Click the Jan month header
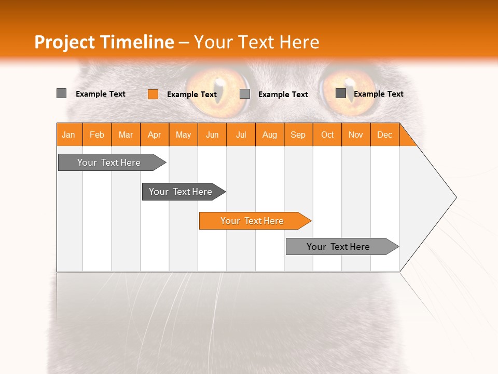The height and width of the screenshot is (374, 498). (x=68, y=135)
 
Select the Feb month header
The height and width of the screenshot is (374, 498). (x=97, y=135)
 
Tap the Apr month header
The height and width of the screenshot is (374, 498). (x=154, y=135)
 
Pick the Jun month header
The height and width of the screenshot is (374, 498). (x=212, y=135)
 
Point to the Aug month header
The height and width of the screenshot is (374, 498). (x=269, y=135)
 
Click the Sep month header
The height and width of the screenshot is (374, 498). (x=298, y=135)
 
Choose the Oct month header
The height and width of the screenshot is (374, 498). (x=327, y=135)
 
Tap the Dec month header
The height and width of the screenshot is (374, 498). (x=384, y=135)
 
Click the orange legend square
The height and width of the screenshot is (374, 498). (x=153, y=94)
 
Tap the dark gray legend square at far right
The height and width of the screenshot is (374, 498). (x=341, y=94)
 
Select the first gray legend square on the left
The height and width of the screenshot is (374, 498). (x=62, y=94)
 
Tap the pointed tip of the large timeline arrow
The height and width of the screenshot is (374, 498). (x=455, y=197)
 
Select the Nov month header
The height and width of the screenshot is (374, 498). (x=356, y=135)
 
